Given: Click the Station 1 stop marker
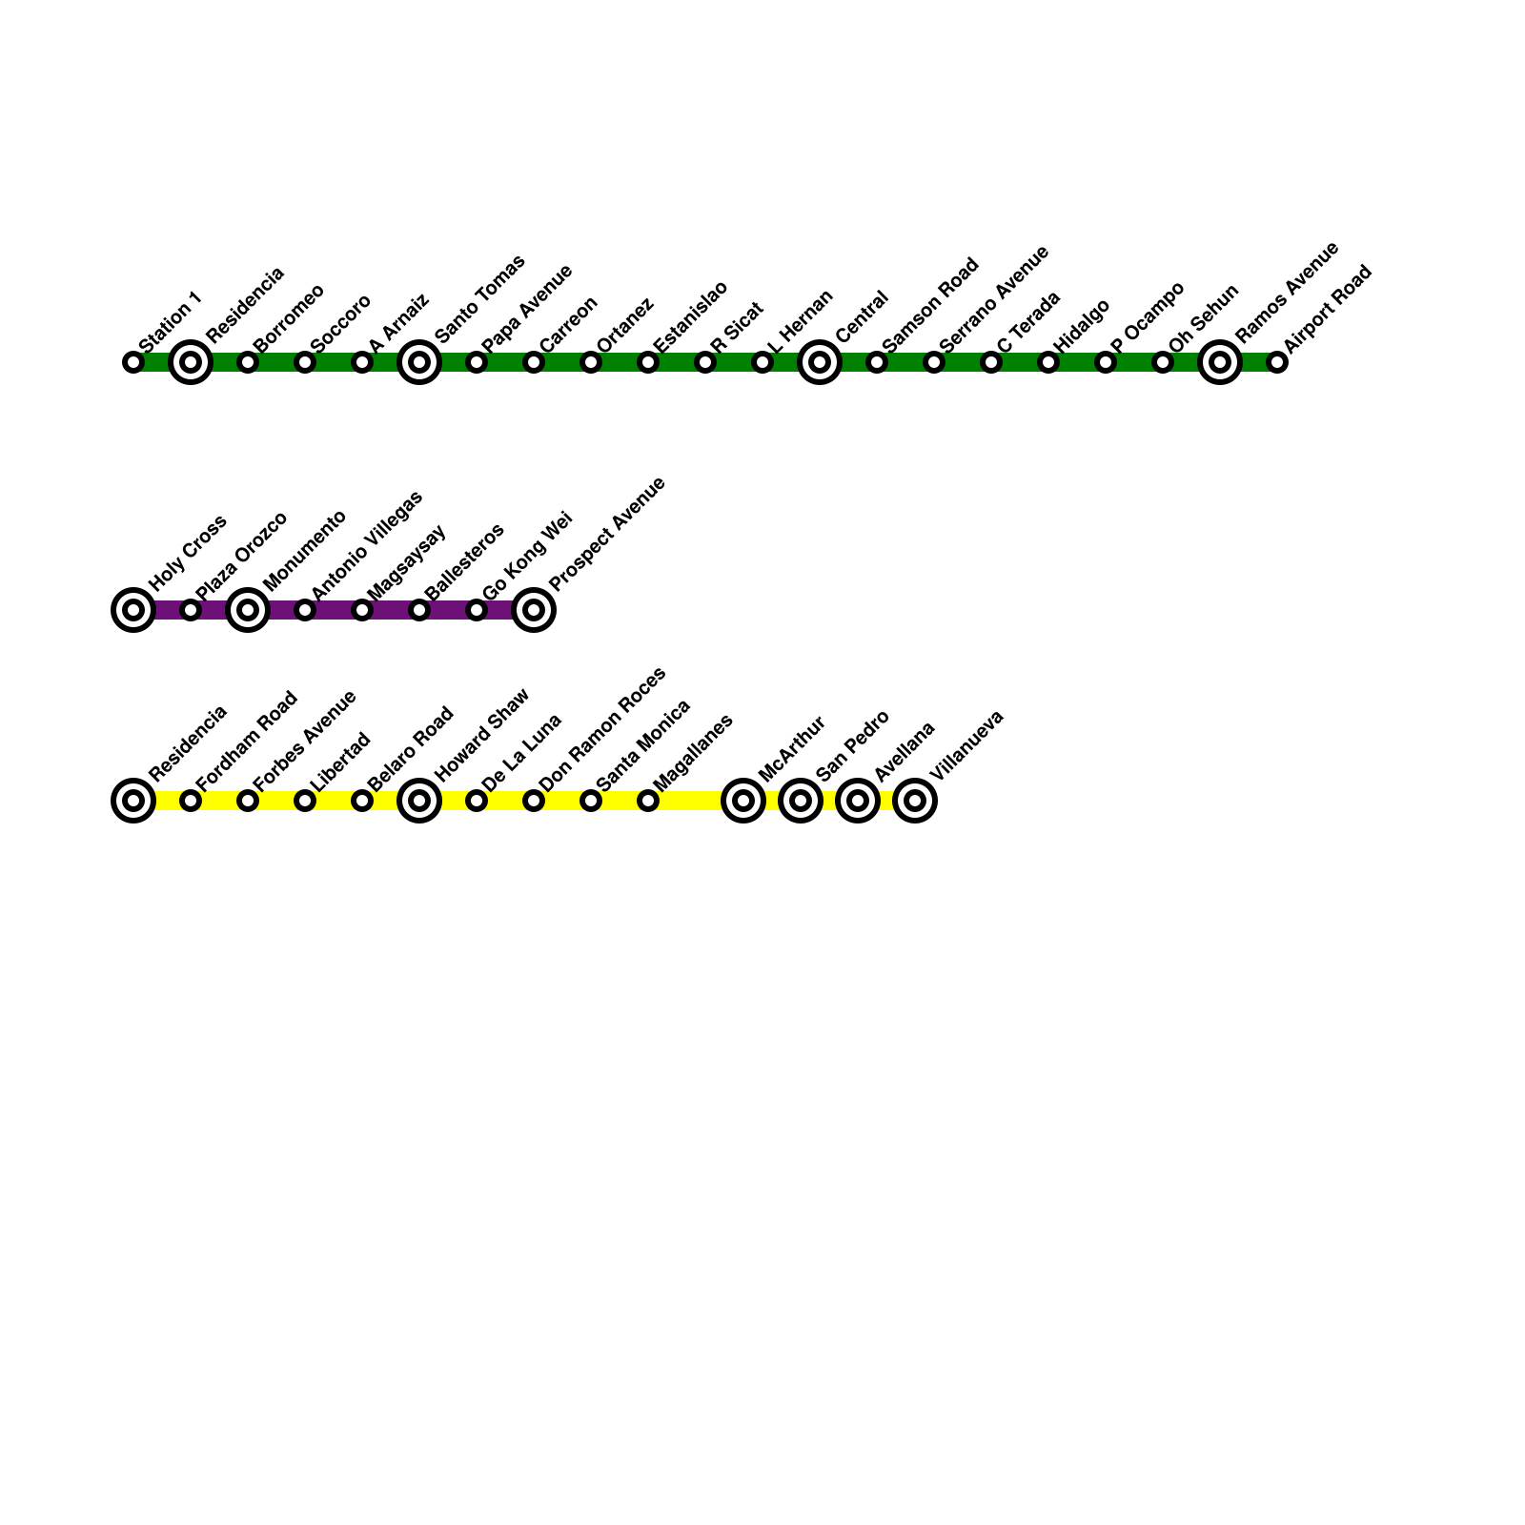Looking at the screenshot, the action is [x=133, y=362].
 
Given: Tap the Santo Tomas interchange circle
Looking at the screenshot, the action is [x=419, y=362].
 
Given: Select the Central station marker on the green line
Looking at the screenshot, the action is [x=820, y=362].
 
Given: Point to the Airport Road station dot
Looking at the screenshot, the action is [x=1277, y=362].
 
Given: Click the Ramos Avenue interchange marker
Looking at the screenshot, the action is [x=1220, y=362].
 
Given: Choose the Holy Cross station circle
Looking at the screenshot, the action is [x=133, y=610].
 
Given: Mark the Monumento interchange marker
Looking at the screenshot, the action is [x=248, y=610].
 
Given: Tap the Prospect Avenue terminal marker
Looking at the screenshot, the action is [x=534, y=610].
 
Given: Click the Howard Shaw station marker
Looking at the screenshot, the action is [x=419, y=801].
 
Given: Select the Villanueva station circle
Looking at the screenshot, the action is [x=915, y=801].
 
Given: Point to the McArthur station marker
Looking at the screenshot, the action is [x=743, y=801].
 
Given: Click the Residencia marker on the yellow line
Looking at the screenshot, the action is [x=133, y=801].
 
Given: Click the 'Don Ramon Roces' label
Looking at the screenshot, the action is [x=602, y=728].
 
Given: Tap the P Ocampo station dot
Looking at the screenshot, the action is [x=1106, y=362].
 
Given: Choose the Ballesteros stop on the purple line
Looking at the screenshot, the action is [x=419, y=610].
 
